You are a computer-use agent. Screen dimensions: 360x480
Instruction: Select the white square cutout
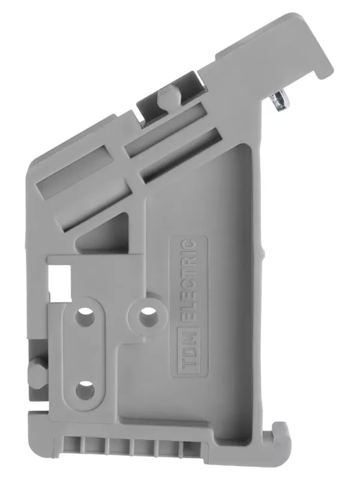tap(60, 283)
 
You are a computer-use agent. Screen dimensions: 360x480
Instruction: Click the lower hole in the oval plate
tap(85, 389)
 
